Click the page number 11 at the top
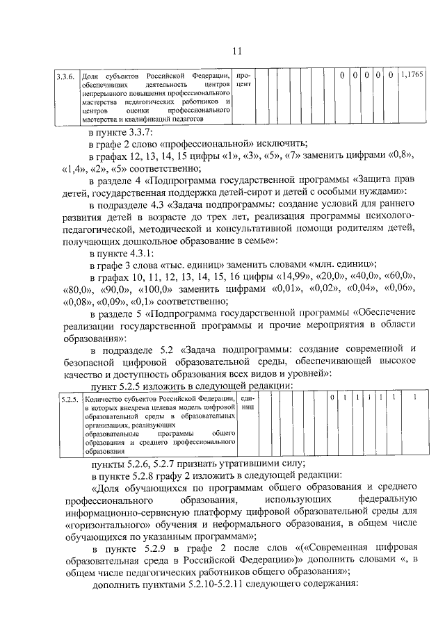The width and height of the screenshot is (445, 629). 236,50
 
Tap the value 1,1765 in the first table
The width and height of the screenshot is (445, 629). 412,74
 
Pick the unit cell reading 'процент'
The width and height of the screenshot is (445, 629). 244,79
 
